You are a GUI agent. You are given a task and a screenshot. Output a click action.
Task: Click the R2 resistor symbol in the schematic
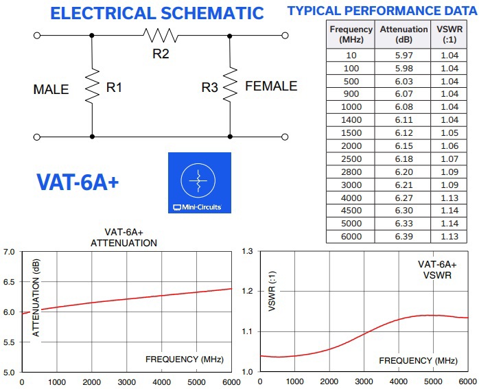point(161,35)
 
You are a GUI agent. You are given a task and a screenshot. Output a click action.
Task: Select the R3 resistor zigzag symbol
point(230,86)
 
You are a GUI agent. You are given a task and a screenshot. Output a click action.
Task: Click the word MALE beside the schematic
point(51,90)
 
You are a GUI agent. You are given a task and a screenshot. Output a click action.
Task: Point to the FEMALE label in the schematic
point(271,86)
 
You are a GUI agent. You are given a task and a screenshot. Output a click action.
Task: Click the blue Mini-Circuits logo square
point(200,182)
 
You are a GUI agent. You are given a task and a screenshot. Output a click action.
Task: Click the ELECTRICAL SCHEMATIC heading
point(157,13)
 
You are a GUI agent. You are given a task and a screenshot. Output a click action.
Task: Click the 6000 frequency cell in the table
point(351,237)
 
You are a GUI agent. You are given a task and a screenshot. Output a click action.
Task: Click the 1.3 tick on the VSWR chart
point(248,252)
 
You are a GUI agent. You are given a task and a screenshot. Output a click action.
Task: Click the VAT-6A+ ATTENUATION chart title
point(124,237)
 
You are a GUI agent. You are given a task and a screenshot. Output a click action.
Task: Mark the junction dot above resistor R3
point(230,35)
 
